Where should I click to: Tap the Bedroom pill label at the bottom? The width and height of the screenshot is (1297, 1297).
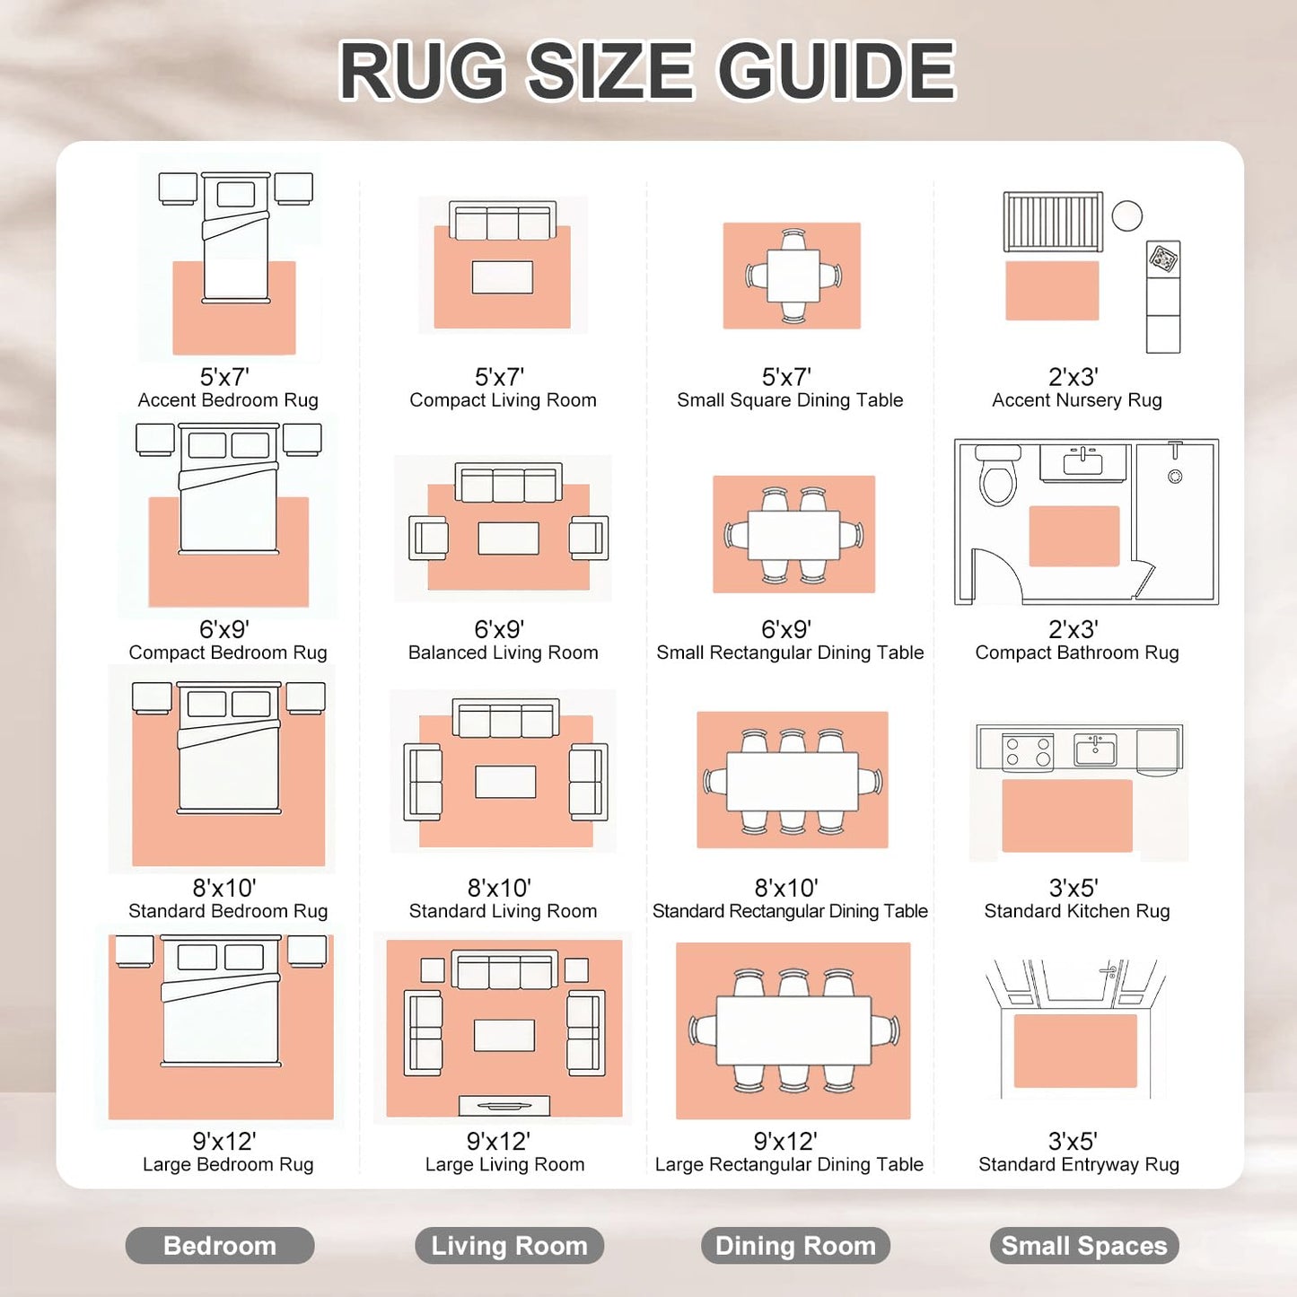click(x=219, y=1245)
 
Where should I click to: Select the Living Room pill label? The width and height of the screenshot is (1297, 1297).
click(x=509, y=1245)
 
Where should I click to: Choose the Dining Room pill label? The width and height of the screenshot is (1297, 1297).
click(x=795, y=1245)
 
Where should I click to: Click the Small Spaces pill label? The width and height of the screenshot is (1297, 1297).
click(x=1083, y=1245)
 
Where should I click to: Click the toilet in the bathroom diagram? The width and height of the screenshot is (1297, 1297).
click(x=997, y=475)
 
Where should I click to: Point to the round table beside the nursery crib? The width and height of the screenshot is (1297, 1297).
click(x=1126, y=216)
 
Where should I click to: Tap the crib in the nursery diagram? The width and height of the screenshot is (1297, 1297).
click(x=1053, y=222)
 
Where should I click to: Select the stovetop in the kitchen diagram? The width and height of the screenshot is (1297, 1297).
click(x=1028, y=752)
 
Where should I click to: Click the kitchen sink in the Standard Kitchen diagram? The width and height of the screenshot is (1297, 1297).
click(x=1095, y=749)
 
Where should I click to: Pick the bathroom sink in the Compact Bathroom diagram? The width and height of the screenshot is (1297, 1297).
click(x=1083, y=462)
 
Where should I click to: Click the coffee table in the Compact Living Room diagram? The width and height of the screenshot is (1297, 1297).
click(x=502, y=277)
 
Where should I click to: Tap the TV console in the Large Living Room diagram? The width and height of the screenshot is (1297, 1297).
click(x=504, y=1105)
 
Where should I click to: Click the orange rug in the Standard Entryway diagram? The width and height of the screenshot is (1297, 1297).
click(x=1075, y=1051)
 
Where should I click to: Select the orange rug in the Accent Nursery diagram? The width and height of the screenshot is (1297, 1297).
click(x=1052, y=291)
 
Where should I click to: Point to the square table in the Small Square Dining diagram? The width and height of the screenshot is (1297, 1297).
click(x=793, y=276)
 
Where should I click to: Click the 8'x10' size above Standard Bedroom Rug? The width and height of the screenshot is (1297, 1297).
click(x=224, y=889)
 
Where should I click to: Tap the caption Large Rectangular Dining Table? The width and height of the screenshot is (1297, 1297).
click(x=789, y=1164)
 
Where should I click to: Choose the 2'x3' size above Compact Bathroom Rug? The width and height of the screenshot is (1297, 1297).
click(x=1073, y=630)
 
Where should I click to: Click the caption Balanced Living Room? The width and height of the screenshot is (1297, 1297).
click(x=503, y=653)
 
